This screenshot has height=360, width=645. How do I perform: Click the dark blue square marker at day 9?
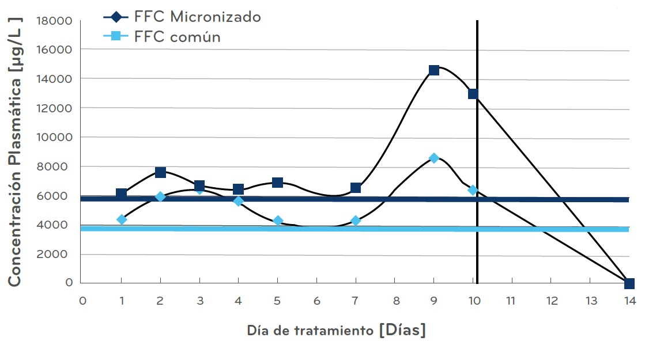pyautogui.click(x=434, y=70)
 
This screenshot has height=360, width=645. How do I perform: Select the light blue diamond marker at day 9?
pyautogui.click(x=434, y=158)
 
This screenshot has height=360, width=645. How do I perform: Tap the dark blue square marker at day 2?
pyautogui.click(x=160, y=172)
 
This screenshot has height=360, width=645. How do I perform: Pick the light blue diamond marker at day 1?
pyautogui.click(x=122, y=219)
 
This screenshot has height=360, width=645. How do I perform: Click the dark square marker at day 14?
pyautogui.click(x=629, y=283)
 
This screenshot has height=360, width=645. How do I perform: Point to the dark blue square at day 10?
pyautogui.click(x=473, y=94)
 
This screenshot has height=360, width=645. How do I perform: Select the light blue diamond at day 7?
pyautogui.click(x=356, y=221)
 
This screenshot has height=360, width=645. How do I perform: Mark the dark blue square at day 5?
pyautogui.click(x=277, y=183)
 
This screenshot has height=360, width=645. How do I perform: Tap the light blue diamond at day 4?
pyautogui.click(x=238, y=201)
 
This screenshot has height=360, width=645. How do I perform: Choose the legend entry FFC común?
pyautogui.click(x=177, y=37)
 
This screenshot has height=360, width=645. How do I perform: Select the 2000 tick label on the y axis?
pyautogui.click(x=56, y=255)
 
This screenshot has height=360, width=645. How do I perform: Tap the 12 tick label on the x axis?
pyautogui.click(x=551, y=301)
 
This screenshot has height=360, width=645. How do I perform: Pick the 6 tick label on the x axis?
pyautogui.click(x=316, y=301)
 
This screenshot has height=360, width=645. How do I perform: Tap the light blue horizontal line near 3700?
pyautogui.click(x=346, y=229)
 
